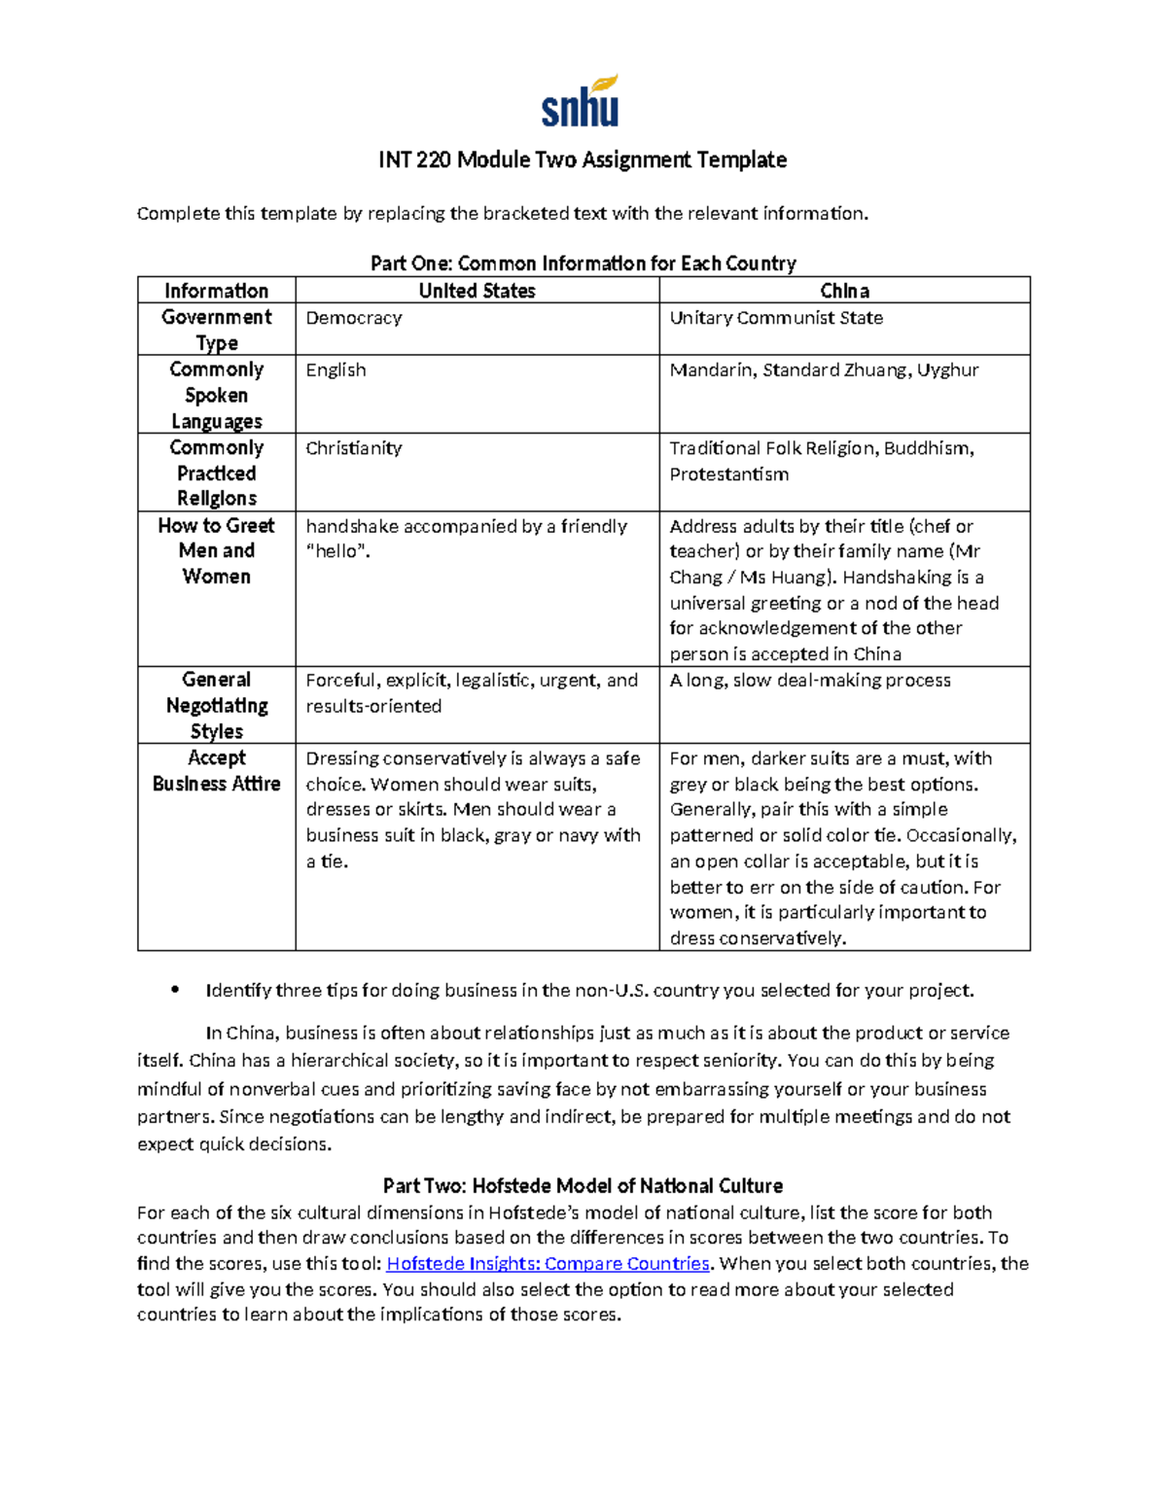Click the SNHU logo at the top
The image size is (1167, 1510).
581,101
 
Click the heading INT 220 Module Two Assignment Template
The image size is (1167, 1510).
583,159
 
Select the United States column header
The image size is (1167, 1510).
477,291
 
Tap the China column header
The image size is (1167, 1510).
844,291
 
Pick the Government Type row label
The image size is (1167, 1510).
216,330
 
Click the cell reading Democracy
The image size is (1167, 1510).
354,318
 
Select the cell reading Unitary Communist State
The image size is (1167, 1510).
776,318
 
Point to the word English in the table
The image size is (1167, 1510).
336,370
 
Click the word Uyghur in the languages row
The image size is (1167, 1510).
947,370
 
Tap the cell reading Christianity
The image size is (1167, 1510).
354,448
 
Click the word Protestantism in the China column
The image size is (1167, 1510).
728,474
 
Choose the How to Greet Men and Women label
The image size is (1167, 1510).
216,550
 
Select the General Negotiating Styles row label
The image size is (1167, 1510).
216,705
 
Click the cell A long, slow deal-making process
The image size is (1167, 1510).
810,681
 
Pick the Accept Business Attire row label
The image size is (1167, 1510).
216,771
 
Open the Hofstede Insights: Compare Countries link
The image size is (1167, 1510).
548,1264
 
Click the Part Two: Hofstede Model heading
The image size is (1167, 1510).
583,1185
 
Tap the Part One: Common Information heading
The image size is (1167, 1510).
583,263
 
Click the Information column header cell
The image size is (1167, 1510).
216,291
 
